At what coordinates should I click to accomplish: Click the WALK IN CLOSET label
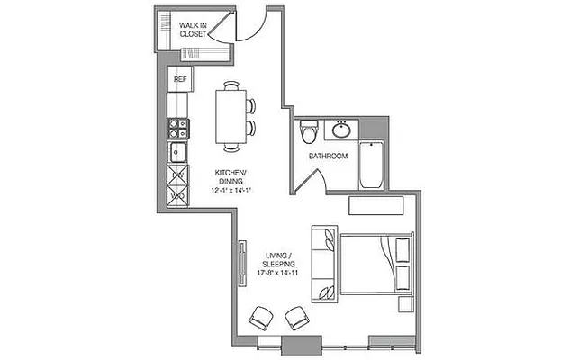[193, 30]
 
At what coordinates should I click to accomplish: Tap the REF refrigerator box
[180, 79]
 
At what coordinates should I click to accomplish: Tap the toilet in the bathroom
[310, 130]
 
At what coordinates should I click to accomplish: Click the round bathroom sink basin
[342, 130]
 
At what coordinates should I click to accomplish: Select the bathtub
[373, 165]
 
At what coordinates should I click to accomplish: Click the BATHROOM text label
[329, 157]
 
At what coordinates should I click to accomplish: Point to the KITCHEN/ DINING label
[231, 176]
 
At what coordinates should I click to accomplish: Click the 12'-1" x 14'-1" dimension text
[231, 190]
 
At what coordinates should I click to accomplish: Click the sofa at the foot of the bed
[323, 264]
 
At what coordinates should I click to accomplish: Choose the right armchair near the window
[296, 317]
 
